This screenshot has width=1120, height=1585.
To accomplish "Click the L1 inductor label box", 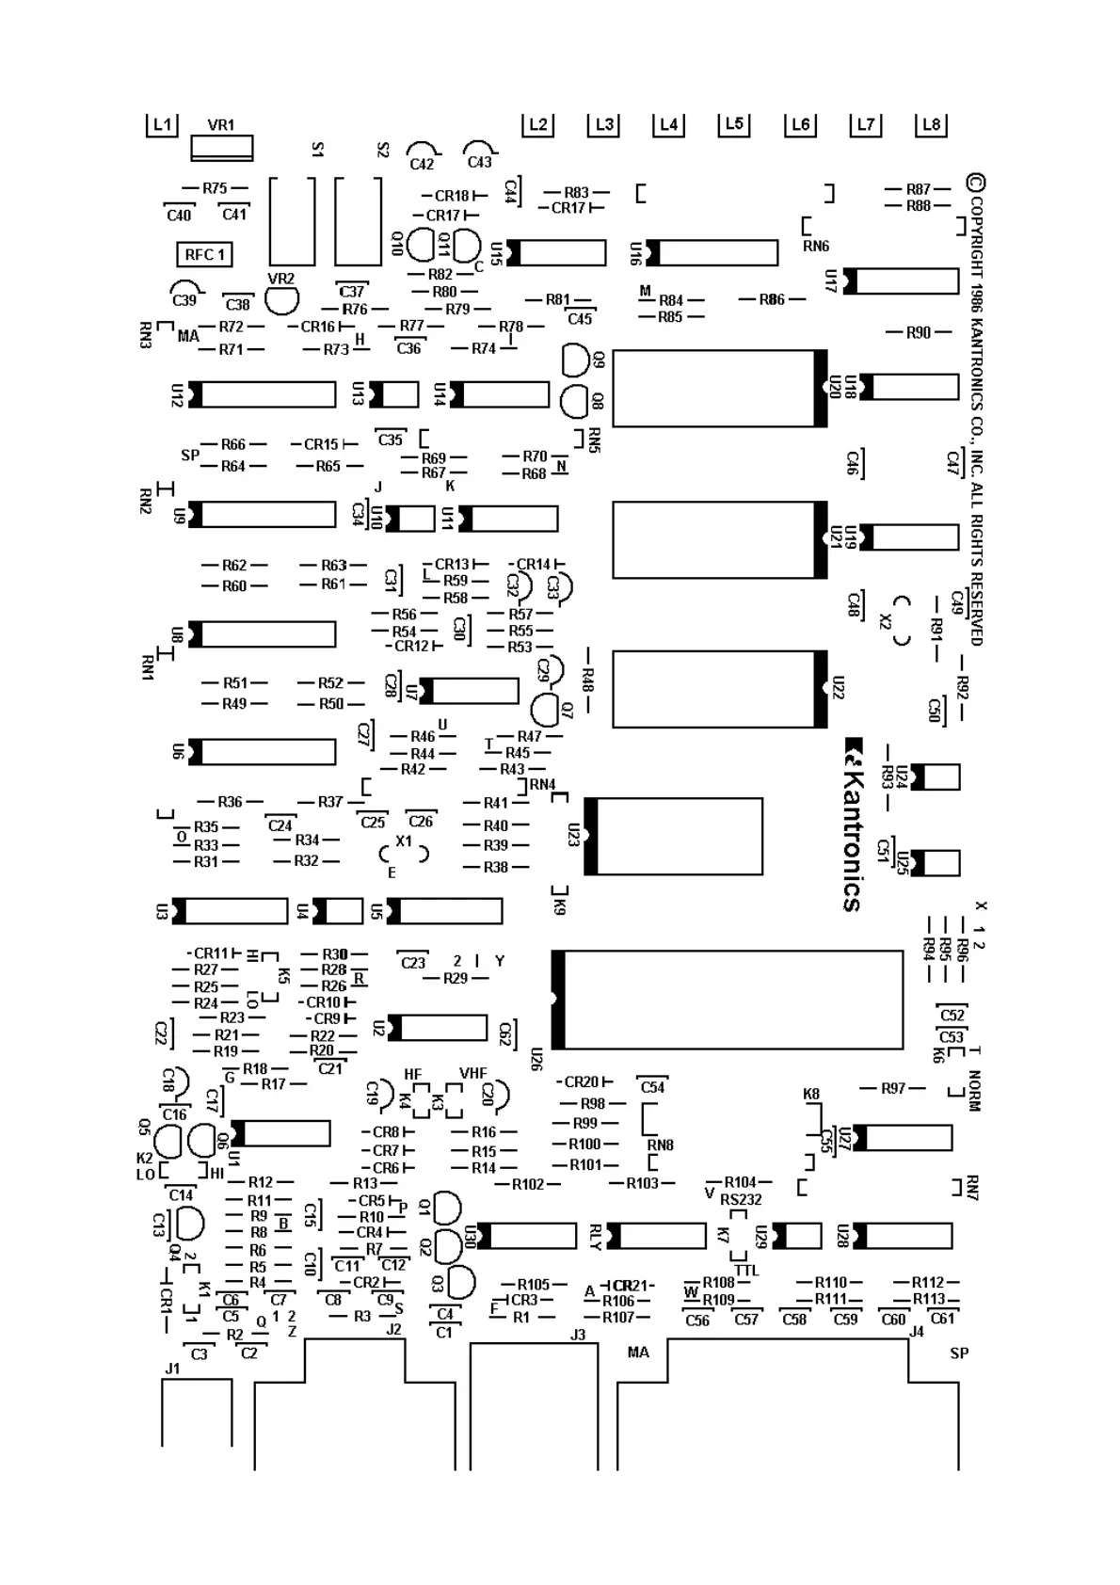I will [162, 124].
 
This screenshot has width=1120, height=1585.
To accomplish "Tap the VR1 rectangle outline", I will [222, 148].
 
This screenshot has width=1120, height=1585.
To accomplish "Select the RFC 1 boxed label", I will [204, 254].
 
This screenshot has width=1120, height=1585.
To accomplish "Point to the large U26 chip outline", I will [727, 1000].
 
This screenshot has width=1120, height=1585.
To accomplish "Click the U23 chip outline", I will [673, 836].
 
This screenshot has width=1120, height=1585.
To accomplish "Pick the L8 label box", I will [931, 124].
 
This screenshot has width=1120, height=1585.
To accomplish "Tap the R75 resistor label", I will [215, 188].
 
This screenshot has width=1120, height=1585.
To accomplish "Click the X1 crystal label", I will [404, 841].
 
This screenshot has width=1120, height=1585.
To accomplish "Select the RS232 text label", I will [741, 1199].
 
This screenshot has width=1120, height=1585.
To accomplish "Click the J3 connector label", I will [578, 1335].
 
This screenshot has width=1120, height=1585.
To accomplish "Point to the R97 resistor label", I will [893, 1088].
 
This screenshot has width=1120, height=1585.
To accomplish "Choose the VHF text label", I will [473, 1073].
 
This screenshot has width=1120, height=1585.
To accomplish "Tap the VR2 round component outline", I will [281, 300].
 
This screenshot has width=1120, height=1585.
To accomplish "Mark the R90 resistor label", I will [919, 332].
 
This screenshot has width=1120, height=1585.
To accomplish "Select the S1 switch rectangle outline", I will [292, 221].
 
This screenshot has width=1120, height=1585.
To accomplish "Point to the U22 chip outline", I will [720, 689].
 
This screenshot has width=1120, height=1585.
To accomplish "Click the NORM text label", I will [974, 1091].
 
